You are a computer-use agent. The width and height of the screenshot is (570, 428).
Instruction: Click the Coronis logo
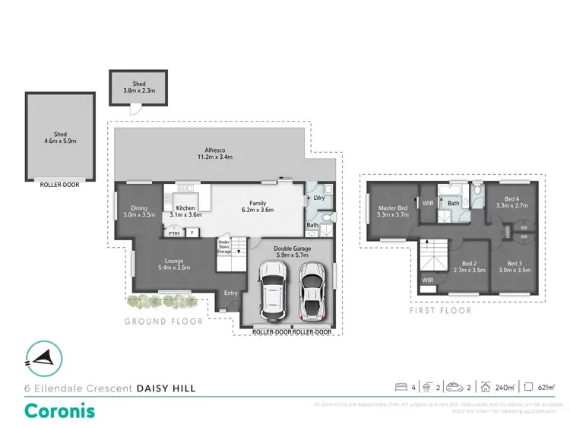point(60,411)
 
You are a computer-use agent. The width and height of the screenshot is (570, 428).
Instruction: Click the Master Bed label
point(393,211)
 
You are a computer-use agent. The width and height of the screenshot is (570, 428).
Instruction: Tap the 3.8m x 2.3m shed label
point(138,87)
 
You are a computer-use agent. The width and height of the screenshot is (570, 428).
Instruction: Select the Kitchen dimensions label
point(186,215)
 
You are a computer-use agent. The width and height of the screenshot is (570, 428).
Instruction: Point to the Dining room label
point(139,211)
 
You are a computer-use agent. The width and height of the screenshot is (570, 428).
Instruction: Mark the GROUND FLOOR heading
point(163,322)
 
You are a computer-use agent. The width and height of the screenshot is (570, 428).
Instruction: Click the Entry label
point(230,293)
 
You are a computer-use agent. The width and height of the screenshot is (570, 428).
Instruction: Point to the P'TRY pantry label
point(174,233)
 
